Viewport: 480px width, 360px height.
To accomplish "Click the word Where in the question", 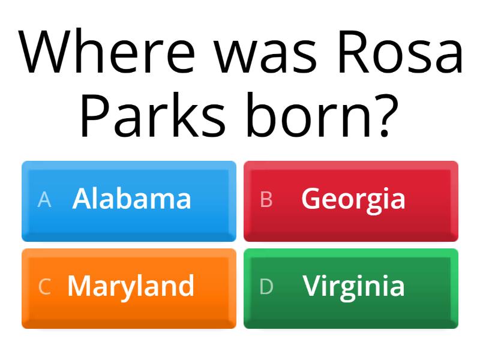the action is pyautogui.click(x=106, y=51).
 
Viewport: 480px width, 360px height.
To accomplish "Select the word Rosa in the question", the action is pyautogui.click(x=400, y=52).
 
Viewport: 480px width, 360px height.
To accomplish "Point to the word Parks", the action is pyautogui.click(x=152, y=114).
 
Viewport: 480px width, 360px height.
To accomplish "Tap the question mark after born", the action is pyautogui.click(x=387, y=115).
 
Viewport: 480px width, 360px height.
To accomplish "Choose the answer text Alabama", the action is pyautogui.click(x=131, y=199).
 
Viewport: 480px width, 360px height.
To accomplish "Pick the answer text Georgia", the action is pyautogui.click(x=353, y=200).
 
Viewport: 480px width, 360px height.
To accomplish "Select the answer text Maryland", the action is pyautogui.click(x=131, y=288).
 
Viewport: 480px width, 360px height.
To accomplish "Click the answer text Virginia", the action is pyautogui.click(x=354, y=288).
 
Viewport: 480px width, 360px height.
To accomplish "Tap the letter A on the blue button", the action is pyautogui.click(x=44, y=200).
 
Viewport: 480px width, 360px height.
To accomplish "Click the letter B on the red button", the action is pyautogui.click(x=266, y=200).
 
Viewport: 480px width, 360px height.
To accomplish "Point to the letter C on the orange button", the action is pyautogui.click(x=44, y=287).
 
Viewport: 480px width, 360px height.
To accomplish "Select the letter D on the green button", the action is pyautogui.click(x=266, y=287).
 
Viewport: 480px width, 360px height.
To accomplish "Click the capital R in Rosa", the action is pyautogui.click(x=353, y=52).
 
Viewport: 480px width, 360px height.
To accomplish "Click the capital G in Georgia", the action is pyautogui.click(x=311, y=199).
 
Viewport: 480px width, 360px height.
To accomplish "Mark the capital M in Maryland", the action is pyautogui.click(x=80, y=286).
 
